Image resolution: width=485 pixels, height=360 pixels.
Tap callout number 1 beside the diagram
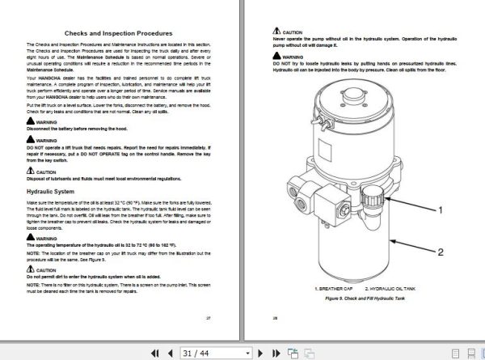pyautogui.click(x=441, y=209)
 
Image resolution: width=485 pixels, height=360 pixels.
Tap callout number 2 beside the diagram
pyautogui.click(x=441, y=252)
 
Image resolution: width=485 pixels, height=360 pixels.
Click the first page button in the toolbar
pyautogui.click(x=154, y=353)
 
